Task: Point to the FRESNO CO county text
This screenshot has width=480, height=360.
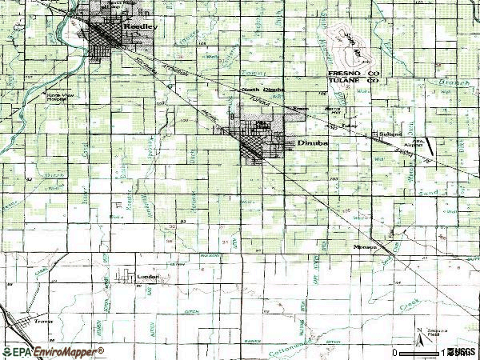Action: click(352, 74)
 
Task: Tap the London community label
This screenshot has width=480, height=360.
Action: click(148, 277)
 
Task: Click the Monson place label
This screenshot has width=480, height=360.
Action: click(366, 248)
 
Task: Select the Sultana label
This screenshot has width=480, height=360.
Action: click(390, 134)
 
